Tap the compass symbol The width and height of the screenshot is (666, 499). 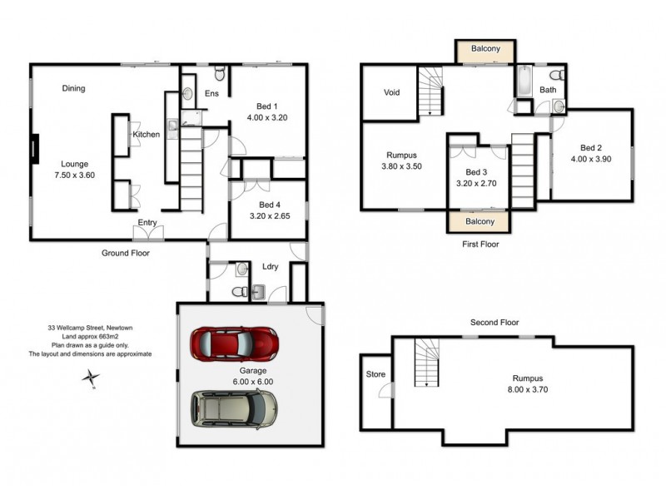point(90,378)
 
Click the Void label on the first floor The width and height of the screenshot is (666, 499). point(392,92)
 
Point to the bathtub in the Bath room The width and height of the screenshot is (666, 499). point(524,82)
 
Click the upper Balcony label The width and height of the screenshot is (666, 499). point(485,49)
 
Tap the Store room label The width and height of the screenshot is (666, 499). point(375,374)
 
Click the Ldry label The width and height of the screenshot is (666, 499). point(270,267)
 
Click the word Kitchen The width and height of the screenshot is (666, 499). point(146,135)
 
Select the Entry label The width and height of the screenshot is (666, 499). point(148,222)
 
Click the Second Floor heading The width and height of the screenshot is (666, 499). point(495,322)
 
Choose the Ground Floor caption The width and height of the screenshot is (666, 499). point(125,252)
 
